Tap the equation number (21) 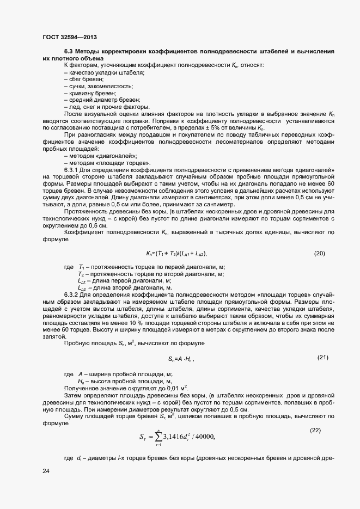click(323, 357)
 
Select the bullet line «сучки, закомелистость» click(98, 86)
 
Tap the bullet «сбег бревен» click(83, 79)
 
